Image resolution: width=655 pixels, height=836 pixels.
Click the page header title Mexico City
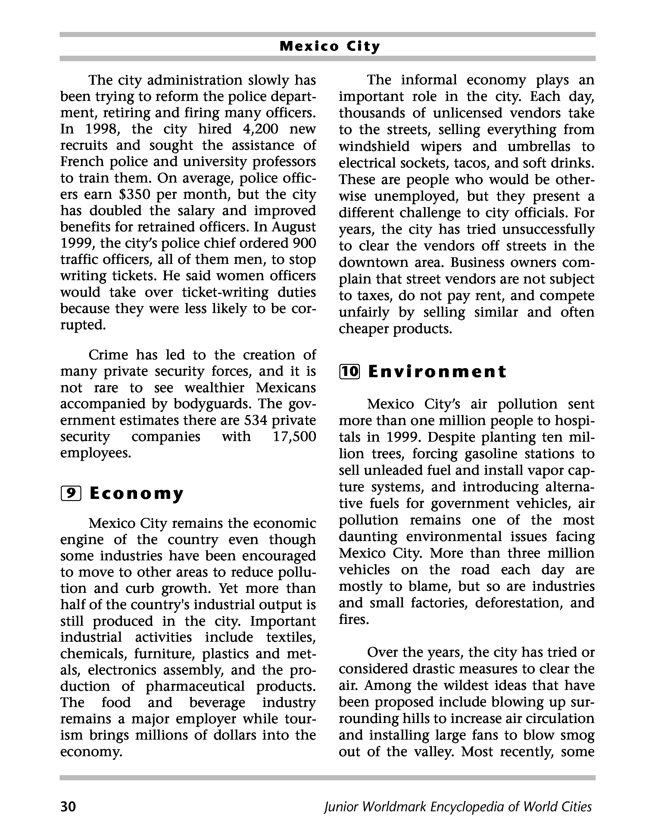click(330, 46)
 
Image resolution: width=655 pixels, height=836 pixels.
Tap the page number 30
click(68, 806)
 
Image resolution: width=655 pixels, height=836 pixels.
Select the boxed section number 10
click(349, 371)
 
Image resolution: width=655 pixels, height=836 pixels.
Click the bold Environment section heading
click(437, 371)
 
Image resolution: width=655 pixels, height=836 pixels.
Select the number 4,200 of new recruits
click(261, 129)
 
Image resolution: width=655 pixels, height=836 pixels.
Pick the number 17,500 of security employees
click(294, 436)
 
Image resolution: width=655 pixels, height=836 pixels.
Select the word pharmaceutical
click(195, 686)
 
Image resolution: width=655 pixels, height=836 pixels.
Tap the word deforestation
click(517, 603)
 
